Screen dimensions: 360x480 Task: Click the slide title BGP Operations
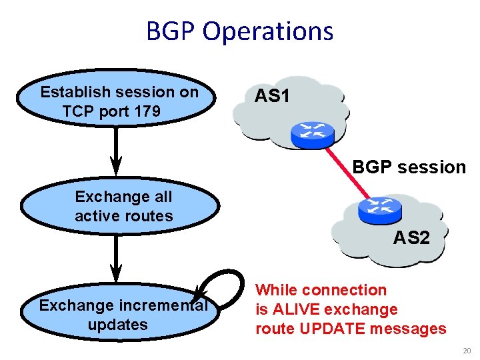[x=239, y=31]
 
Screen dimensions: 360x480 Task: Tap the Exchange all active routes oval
[x=121, y=207]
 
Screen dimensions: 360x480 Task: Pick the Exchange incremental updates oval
[x=121, y=315]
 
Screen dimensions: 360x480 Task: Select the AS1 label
[x=272, y=97]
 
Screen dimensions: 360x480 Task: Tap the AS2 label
[x=411, y=237]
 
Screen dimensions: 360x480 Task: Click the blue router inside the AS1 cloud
[x=311, y=135]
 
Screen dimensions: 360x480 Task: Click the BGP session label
[x=409, y=167]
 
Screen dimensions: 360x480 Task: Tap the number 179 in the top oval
[x=147, y=111]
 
